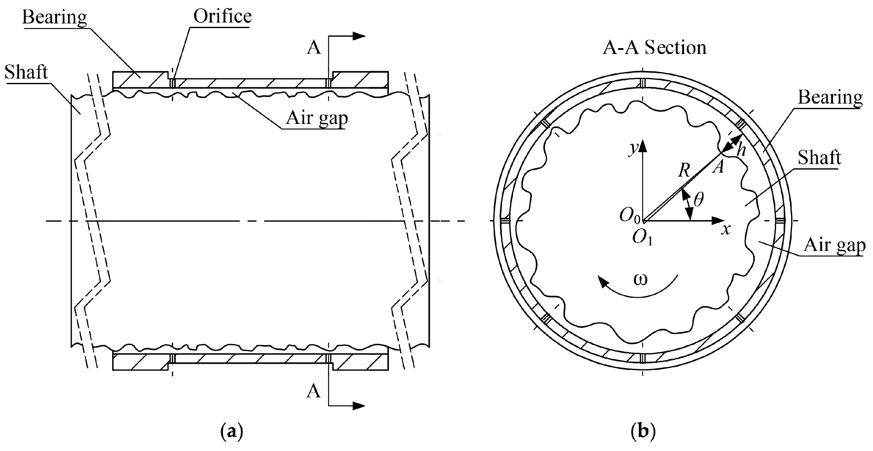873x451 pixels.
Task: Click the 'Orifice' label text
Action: pyautogui.click(x=222, y=16)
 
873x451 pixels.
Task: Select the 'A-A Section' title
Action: pyautogui.click(x=655, y=47)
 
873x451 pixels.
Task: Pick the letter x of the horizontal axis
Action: pyautogui.click(x=725, y=230)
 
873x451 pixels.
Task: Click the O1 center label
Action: pyautogui.click(x=642, y=238)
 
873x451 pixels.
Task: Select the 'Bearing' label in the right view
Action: pyautogui.click(x=830, y=97)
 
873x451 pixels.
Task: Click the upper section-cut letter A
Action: pyautogui.click(x=313, y=48)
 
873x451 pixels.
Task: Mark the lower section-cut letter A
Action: pyautogui.click(x=313, y=391)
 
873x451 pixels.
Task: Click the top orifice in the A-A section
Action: pyautogui.click(x=643, y=84)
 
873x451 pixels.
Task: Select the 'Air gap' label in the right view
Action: pyautogui.click(x=834, y=245)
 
